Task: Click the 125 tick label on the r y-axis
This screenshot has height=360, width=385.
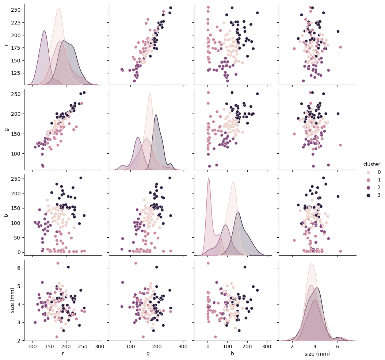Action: click(18, 73)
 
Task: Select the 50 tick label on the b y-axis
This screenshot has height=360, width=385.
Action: click(19, 237)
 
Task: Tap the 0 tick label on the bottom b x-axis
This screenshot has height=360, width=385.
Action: click(207, 346)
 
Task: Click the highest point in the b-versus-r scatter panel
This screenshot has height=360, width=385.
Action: click(81, 178)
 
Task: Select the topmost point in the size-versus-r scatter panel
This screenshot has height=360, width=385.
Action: click(58, 263)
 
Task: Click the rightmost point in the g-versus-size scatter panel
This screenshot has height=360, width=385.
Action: click(340, 145)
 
